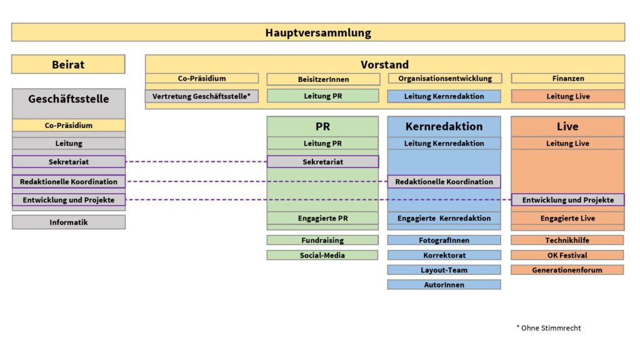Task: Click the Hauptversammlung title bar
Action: tap(318, 32)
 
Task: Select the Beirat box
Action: tap(68, 64)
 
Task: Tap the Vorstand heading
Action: tap(384, 64)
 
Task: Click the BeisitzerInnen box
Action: tap(323, 79)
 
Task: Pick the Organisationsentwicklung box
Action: tap(445, 78)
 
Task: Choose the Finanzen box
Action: tap(567, 78)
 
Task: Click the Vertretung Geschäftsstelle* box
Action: tap(202, 96)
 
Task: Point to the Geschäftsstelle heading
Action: tap(69, 99)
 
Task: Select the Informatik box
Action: tap(69, 222)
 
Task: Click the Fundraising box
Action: tap(322, 241)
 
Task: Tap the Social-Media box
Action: tap(322, 255)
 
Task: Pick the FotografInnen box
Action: tap(444, 241)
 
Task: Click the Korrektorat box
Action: tap(444, 255)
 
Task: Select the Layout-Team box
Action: tap(444, 270)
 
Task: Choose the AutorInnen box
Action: tap(444, 284)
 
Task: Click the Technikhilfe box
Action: tap(567, 241)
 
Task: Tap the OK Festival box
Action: tap(567, 255)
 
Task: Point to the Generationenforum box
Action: tap(567, 270)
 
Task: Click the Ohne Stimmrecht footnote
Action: tap(549, 327)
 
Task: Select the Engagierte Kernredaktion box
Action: tap(444, 218)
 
